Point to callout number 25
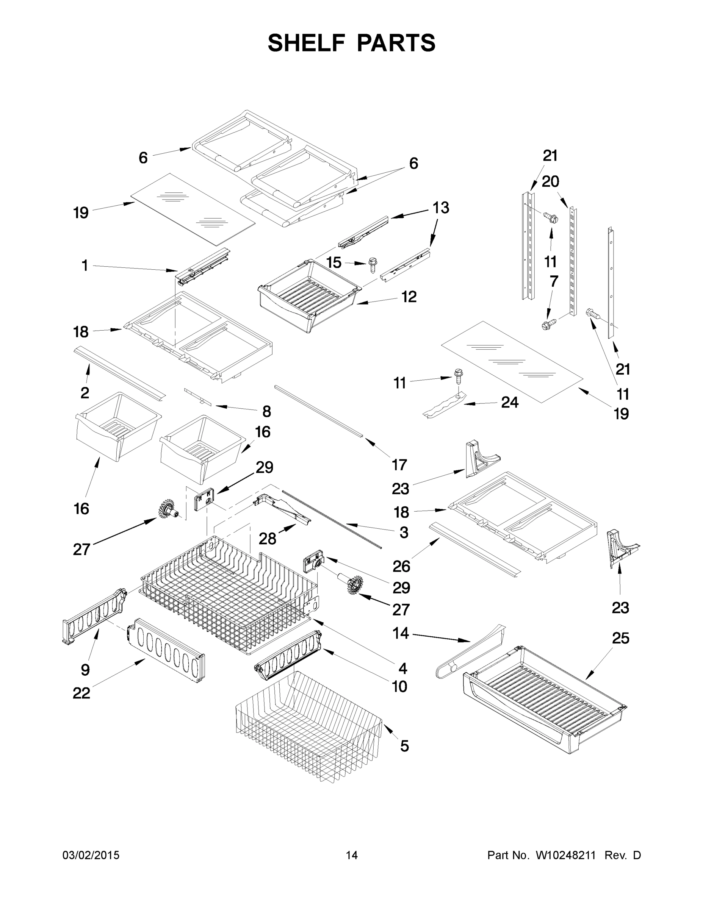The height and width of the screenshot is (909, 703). [x=620, y=638]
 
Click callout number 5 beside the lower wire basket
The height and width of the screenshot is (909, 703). [x=404, y=746]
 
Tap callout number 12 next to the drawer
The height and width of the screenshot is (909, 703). [x=409, y=297]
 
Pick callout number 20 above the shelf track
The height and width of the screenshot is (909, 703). [x=550, y=181]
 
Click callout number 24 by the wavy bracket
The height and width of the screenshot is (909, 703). [x=510, y=402]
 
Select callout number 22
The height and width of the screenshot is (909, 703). [x=81, y=693]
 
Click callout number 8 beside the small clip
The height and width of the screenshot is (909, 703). [x=266, y=411]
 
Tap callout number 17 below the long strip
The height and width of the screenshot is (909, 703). [x=399, y=464]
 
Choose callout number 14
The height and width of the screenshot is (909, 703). [x=401, y=634]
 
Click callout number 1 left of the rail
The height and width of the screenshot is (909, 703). [x=85, y=265]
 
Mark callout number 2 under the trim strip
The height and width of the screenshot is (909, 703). [x=85, y=392]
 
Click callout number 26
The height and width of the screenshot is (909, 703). [x=401, y=566]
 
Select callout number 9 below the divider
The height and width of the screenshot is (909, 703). [x=85, y=670]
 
